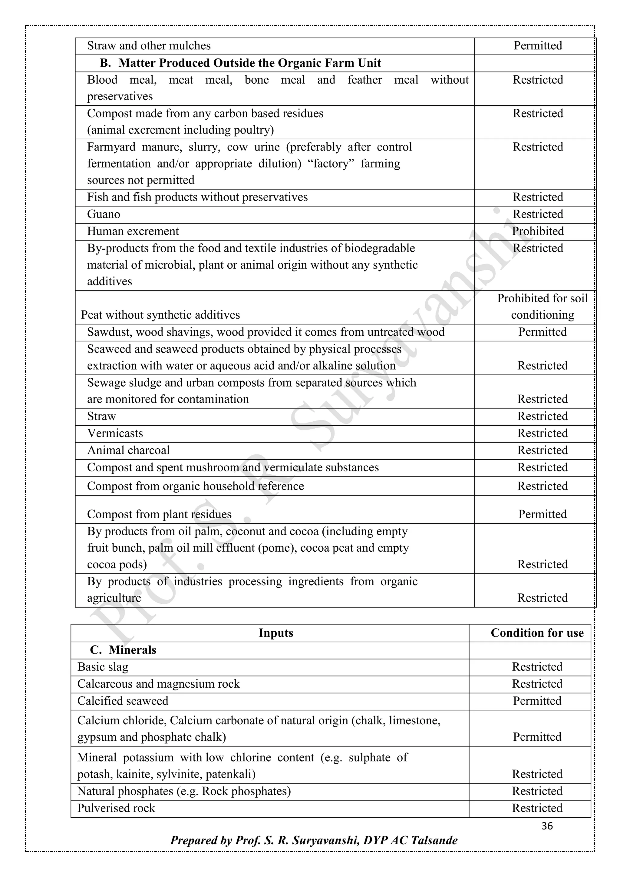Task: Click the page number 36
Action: coord(547,826)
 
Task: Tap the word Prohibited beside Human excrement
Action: coord(538,231)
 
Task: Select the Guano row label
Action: coord(104,214)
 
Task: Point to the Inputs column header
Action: coord(276,633)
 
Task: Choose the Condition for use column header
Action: coord(537,633)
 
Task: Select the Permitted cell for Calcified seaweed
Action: coord(537,701)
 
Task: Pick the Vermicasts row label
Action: coord(115,433)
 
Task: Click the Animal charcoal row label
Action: coord(128,450)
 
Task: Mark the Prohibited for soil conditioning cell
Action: coord(542,306)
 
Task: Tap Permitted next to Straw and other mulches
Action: coord(538,46)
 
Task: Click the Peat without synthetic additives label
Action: coord(160,315)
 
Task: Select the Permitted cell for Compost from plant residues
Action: coord(542,514)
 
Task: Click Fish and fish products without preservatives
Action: coord(197,197)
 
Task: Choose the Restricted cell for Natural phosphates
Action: coord(537,791)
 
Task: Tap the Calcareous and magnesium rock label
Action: coord(158,684)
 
